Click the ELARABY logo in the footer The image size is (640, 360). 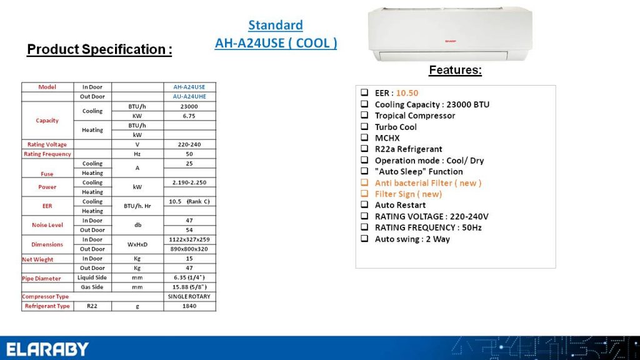pos(47,349)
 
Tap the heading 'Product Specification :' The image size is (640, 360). pos(99,49)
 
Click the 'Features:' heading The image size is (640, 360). pos(455,70)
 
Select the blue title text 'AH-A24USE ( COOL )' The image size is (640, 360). pos(276,43)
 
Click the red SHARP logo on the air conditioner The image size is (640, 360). pos(450,41)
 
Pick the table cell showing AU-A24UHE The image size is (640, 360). pos(189,97)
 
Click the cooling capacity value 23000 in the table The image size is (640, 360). pos(189,106)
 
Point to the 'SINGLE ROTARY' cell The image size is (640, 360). pos(189,297)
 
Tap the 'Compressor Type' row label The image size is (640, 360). pos(45,297)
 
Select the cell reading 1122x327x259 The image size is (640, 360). pos(189,239)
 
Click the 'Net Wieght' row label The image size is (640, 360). pos(37,259)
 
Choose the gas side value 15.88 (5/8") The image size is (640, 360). pos(189,287)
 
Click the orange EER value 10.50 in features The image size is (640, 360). pos(407,93)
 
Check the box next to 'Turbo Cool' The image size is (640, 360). pos(364,126)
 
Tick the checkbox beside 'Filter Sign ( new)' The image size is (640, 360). pos(364,194)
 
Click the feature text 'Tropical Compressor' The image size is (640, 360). pos(415,116)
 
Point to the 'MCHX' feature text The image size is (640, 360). pos(387,138)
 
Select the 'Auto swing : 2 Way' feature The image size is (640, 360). pos(412,239)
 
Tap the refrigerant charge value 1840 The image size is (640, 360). pos(189,306)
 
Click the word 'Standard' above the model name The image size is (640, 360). pos(276,25)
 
